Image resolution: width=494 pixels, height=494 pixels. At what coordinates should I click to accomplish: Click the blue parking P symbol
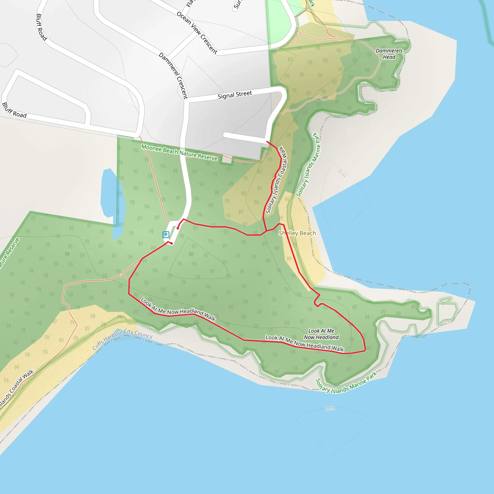click(166, 234)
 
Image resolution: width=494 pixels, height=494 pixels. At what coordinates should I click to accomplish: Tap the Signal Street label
click(235, 95)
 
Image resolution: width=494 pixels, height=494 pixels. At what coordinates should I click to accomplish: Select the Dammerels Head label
click(389, 54)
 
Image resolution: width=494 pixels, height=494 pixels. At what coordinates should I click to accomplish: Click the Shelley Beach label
click(297, 233)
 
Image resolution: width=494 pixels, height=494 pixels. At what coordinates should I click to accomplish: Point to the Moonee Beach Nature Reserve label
click(179, 153)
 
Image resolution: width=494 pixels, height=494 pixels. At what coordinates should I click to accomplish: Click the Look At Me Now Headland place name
click(321, 334)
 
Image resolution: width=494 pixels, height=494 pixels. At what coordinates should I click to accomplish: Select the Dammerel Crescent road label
click(174, 75)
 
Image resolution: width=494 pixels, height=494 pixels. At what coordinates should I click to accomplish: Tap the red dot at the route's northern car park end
click(178, 228)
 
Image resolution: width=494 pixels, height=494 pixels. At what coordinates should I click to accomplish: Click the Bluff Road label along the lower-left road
click(14, 110)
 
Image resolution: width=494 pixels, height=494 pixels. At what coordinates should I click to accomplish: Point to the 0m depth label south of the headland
click(330, 408)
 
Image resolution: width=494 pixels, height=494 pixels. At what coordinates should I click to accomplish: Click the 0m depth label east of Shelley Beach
click(342, 174)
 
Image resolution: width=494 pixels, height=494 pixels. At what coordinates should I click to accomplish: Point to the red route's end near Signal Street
click(267, 141)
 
